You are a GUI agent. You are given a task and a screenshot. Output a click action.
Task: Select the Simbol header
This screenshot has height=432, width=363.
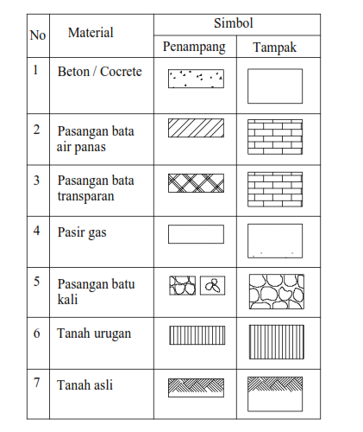[235, 22]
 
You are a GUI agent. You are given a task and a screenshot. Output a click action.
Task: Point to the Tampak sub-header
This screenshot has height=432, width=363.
[274, 48]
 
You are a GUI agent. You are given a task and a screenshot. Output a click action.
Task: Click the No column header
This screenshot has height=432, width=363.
[38, 35]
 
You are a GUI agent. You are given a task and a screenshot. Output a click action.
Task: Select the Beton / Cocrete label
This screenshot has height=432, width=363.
[99, 72]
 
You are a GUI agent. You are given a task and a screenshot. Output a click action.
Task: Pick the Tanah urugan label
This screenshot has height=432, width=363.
[94, 333]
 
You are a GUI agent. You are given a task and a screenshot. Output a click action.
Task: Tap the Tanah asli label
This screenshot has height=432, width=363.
[85, 384]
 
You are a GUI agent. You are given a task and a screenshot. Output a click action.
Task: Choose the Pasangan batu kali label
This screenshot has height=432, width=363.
[96, 291]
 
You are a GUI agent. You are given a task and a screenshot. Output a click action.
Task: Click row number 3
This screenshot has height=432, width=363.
[37, 181]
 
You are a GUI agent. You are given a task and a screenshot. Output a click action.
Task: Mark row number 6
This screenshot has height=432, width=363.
[37, 333]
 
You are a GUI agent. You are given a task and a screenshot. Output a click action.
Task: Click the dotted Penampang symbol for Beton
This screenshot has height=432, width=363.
[196, 79]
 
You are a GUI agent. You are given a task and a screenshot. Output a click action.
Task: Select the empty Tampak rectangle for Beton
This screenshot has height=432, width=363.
[275, 86]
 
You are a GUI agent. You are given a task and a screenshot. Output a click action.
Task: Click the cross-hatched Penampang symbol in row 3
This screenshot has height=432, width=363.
[196, 182]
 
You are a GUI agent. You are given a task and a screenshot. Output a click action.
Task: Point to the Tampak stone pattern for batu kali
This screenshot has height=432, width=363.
[276, 291]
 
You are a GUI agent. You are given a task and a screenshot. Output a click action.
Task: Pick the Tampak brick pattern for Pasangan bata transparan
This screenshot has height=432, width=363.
[276, 187]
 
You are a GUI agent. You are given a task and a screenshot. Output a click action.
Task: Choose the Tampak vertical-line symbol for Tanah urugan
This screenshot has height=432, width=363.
[276, 340]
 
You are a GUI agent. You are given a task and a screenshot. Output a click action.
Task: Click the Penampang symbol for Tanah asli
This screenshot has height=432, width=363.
[196, 386]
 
